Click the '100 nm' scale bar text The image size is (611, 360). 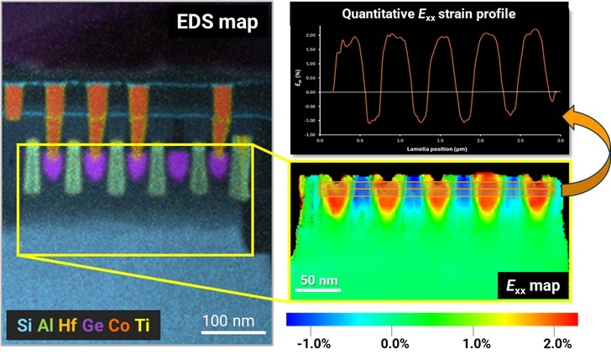point(228,321)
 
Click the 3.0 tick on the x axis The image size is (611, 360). point(560,139)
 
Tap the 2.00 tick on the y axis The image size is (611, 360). point(310,36)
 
